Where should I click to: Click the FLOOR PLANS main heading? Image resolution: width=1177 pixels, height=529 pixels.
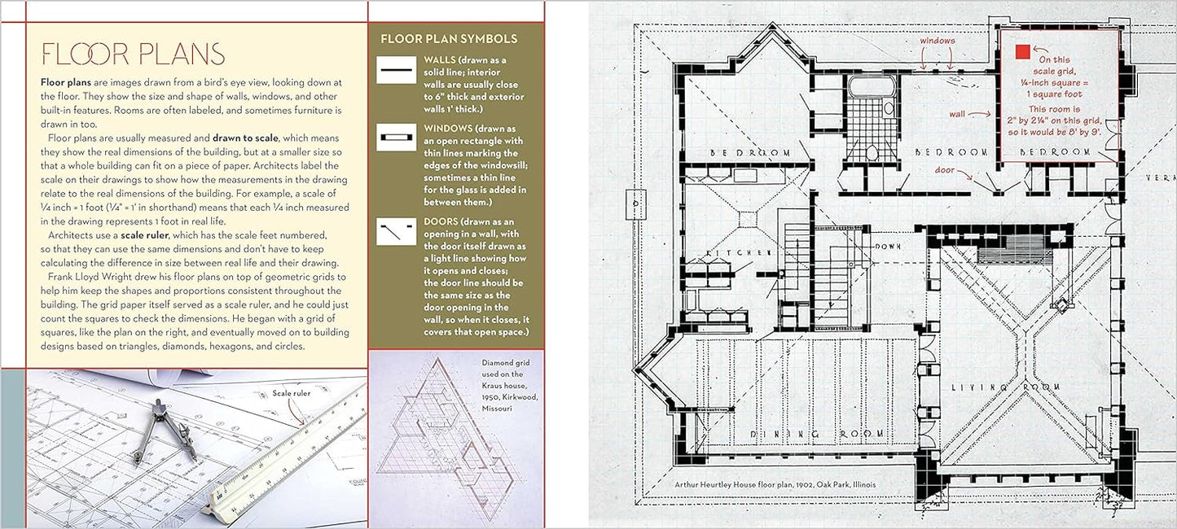point(133,54)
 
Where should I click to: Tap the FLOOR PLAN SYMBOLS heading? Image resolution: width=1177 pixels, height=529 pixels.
point(449,39)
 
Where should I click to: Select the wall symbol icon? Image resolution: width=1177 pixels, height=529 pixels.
point(396,70)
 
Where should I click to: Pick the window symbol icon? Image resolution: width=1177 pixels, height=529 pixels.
point(396,138)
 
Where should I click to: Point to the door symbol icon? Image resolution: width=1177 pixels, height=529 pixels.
point(396,231)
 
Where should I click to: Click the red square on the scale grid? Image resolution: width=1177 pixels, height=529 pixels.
point(1022,52)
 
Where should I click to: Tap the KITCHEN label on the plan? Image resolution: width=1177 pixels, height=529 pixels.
point(738,252)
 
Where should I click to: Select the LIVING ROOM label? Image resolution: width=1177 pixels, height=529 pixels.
point(1006,387)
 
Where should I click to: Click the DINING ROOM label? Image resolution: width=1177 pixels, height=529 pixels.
point(816,434)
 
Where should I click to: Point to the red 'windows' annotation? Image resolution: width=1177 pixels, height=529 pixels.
point(938,41)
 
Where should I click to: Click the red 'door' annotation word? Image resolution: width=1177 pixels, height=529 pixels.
point(944,170)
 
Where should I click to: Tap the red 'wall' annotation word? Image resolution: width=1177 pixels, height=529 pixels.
point(957,114)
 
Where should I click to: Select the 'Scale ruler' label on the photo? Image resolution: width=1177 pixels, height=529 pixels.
point(291,393)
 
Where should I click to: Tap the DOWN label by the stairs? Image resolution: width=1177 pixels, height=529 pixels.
point(888,246)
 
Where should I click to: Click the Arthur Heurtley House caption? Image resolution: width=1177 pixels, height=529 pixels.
point(775,484)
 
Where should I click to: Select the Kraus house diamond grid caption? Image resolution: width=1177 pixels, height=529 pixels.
point(508,385)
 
